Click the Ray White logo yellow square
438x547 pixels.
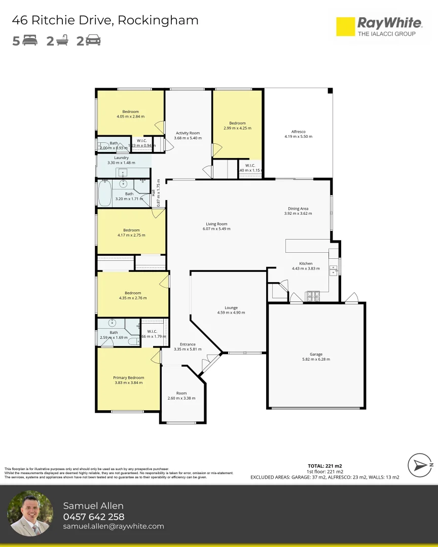pyautogui.click(x=346, y=27)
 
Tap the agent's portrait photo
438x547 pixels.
pyautogui.click(x=30, y=514)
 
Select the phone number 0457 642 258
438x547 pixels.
pyautogui.click(x=93, y=517)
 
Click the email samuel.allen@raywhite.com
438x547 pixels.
pyautogui.click(x=114, y=526)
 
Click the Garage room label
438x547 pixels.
pyautogui.click(x=316, y=355)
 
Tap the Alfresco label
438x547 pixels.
pyautogui.click(x=298, y=132)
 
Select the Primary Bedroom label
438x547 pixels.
pyautogui.click(x=128, y=377)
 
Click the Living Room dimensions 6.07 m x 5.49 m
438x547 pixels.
pyautogui.click(x=216, y=228)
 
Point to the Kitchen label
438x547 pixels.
pyautogui.click(x=306, y=263)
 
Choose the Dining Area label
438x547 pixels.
pyautogui.click(x=298, y=208)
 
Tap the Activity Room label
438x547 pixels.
pyautogui.click(x=188, y=133)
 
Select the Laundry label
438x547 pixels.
pyautogui.click(x=121, y=158)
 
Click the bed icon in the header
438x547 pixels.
pyautogui.click(x=30, y=41)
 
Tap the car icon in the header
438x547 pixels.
pyautogui.click(x=93, y=41)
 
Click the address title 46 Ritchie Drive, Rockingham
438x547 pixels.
pyautogui.click(x=105, y=20)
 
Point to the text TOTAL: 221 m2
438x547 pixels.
pyautogui.click(x=324, y=465)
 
